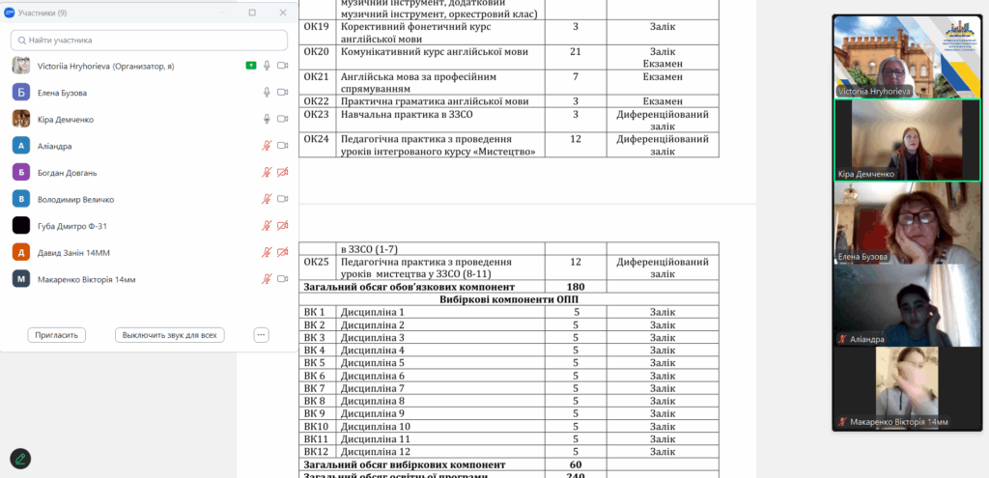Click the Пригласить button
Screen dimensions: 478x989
point(57,335)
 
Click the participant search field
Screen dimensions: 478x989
point(150,41)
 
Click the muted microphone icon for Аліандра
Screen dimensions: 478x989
point(267,146)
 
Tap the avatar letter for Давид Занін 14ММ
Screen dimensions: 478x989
point(20,252)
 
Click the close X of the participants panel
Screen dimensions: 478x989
point(283,13)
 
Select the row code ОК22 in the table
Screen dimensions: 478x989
point(316,101)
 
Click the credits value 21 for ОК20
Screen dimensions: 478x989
point(576,52)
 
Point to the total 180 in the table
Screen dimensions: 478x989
point(576,287)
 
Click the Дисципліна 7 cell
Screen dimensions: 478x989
point(373,388)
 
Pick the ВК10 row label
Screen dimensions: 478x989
point(316,426)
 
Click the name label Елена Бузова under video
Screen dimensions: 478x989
point(863,257)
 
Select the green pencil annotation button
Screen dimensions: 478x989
point(20,458)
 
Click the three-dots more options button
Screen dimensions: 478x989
point(261,335)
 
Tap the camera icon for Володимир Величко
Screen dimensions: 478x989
point(283,199)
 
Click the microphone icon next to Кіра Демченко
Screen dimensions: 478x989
point(267,119)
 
